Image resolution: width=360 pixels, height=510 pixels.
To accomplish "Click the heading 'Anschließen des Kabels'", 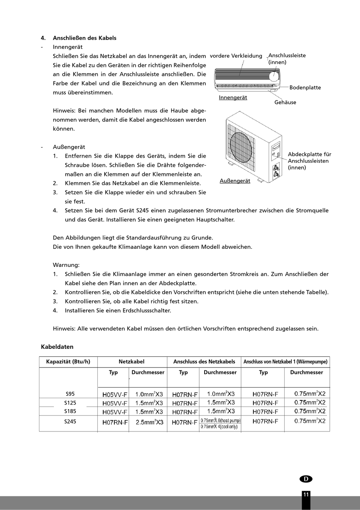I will click(85, 38).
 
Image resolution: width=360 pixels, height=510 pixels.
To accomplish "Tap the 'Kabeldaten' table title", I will click(57, 347).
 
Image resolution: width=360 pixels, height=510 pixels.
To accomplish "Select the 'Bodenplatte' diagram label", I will click(305, 88).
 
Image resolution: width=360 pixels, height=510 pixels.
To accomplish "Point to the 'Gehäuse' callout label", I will click(285, 102).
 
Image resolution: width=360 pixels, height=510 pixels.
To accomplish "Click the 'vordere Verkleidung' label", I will click(236, 56).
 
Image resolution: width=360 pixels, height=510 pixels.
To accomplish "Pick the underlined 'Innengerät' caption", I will click(233, 97).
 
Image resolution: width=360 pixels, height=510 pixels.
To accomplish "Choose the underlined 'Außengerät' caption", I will click(235, 181).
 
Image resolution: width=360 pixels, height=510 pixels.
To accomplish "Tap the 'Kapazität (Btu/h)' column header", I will click(68, 361).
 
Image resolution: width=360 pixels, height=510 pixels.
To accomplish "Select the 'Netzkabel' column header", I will click(131, 361).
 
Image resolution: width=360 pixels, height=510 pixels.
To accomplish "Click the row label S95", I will click(70, 394).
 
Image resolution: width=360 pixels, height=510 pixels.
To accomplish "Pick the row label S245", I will click(70, 421).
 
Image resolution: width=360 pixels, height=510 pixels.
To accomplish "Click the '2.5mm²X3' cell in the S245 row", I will click(149, 422).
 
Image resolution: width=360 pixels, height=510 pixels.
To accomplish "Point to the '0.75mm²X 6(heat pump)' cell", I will click(220, 420).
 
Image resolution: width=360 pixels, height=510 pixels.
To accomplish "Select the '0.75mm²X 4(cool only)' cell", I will click(219, 427).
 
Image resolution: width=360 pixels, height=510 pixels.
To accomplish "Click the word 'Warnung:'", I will click(66, 265).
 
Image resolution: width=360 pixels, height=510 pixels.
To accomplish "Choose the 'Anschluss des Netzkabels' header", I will click(204, 361).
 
